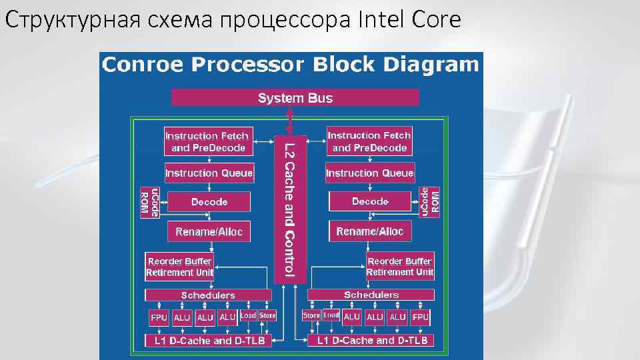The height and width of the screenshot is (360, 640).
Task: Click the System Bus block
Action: pyautogui.click(x=295, y=98)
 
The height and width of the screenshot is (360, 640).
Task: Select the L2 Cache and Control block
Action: pyautogui.click(x=290, y=208)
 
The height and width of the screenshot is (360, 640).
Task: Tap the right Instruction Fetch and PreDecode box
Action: pyautogui.click(x=369, y=141)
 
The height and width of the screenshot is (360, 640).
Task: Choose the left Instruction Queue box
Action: pyautogui.click(x=209, y=173)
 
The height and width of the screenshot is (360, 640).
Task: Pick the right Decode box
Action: pyautogui.click(x=370, y=201)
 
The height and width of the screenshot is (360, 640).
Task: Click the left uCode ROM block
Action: pyautogui.click(x=150, y=201)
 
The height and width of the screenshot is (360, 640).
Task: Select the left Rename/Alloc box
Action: pyautogui.click(x=209, y=231)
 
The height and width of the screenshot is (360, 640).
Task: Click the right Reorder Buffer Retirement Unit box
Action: pyautogui.click(x=400, y=266)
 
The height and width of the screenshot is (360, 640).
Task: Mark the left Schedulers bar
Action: pyautogui.click(x=208, y=295)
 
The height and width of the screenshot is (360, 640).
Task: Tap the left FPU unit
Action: pyautogui.click(x=159, y=317)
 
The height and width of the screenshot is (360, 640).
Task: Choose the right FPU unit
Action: pyautogui.click(x=421, y=317)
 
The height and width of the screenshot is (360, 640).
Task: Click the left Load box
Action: pyautogui.click(x=248, y=315)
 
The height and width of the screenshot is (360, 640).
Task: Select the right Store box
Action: pyautogui.click(x=311, y=315)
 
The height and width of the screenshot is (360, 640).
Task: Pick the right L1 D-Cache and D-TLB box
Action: pyautogui.click(x=371, y=340)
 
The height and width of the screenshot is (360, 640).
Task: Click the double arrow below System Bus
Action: pyautogui.click(x=290, y=120)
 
